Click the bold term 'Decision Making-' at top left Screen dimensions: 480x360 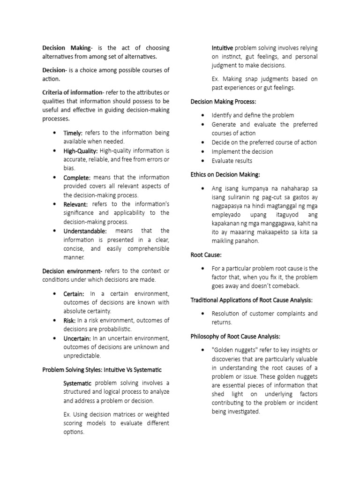(x=66, y=48)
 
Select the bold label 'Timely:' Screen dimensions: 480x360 (x=73, y=133)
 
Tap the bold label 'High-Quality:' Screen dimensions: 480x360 (x=81, y=151)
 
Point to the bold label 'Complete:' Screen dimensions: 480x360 (x=77, y=178)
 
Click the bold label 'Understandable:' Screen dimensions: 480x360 (x=85, y=231)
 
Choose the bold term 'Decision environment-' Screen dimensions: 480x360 (x=72, y=271)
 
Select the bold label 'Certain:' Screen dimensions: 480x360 (x=74, y=293)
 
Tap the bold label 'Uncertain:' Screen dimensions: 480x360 (x=78, y=338)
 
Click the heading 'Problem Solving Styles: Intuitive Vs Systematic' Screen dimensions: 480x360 (x=102, y=370)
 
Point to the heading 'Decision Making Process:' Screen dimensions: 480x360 (x=224, y=101)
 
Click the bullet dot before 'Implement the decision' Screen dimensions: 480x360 (x=202, y=151)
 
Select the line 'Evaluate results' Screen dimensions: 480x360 (x=232, y=161)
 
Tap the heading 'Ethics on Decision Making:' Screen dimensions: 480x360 (x=225, y=174)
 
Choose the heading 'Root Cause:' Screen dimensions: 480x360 (x=206, y=255)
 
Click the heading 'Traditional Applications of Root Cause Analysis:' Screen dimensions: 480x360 (x=251, y=300)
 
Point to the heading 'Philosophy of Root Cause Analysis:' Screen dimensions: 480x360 (x=235, y=336)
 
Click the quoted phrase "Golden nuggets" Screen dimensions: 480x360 (x=234, y=350)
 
